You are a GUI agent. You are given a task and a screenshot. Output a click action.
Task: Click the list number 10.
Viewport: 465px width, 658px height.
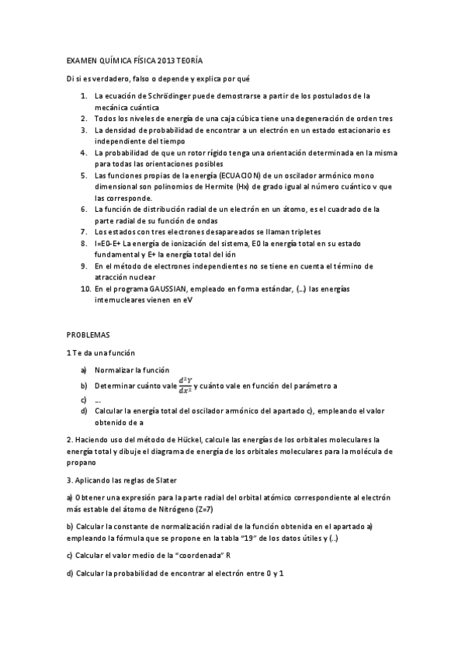pyautogui.click(x=85, y=288)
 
